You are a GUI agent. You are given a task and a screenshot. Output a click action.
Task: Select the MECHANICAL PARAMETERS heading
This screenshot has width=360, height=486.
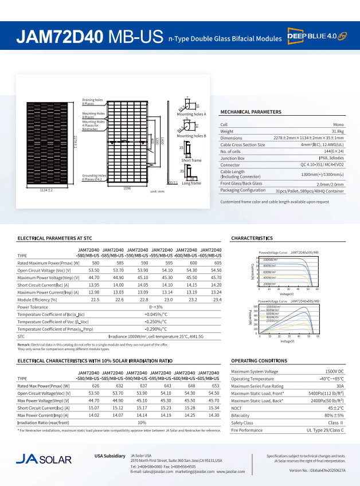coord(251,112)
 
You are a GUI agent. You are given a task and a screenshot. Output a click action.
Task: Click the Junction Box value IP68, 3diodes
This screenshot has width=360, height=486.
coord(331,158)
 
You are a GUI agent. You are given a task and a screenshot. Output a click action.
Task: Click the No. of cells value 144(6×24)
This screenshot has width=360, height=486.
coord(333,151)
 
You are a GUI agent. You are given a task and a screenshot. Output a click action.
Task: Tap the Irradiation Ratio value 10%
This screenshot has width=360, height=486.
coord(142,422)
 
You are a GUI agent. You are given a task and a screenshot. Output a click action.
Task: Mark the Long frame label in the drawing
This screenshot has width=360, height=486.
coord(191,183)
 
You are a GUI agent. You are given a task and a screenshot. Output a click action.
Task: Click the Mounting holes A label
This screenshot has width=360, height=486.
coord(191,115)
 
